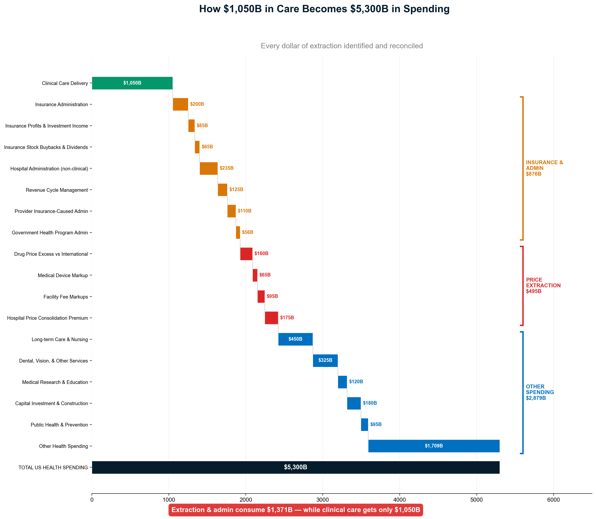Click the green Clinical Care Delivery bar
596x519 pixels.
coord(132,83)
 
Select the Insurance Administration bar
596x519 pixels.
coord(180,104)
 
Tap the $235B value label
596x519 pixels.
coord(226,168)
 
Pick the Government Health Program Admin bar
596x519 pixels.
coord(238,233)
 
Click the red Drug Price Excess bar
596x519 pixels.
coord(246,254)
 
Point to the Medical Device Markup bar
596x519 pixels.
coord(255,275)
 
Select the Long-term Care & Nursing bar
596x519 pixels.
coord(295,339)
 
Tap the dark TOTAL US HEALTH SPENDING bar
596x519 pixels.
coord(295,467)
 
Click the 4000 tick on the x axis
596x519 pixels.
coord(400,500)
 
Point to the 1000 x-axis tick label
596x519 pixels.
coord(169,500)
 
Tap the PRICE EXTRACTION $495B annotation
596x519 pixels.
coord(543,285)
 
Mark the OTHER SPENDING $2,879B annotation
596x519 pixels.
coord(540,392)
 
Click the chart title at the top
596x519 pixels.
coord(324,9)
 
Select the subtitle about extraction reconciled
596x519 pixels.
coord(341,46)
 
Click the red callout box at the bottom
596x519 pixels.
coord(295,510)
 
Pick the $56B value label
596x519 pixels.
coord(247,232)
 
